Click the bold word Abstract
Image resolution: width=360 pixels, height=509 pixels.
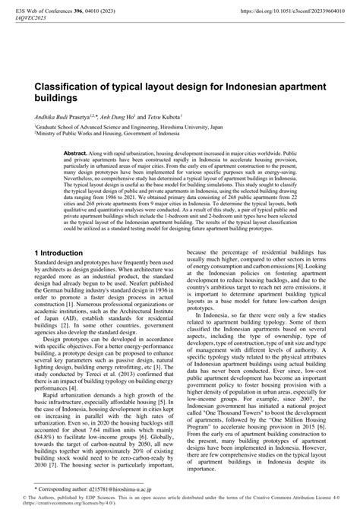tap(75, 152)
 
